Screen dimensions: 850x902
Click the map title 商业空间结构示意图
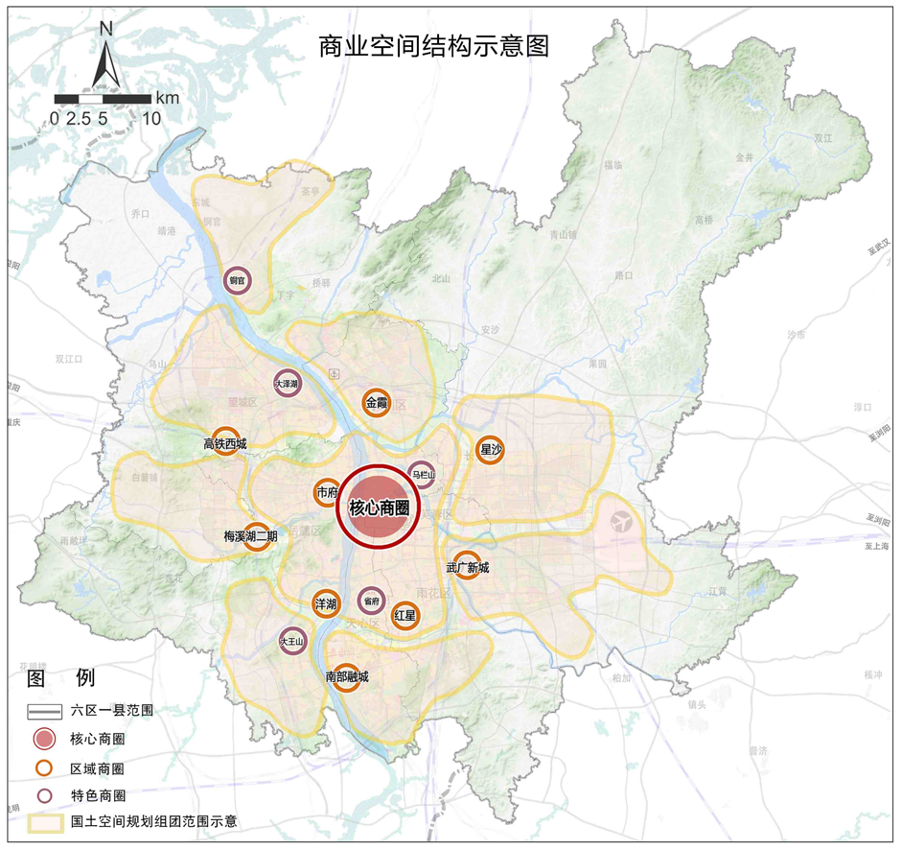click(434, 46)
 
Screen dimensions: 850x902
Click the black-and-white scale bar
click(103, 98)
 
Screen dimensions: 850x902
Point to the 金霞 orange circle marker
click(375, 404)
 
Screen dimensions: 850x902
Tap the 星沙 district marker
click(491, 449)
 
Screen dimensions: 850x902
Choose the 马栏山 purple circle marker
click(422, 474)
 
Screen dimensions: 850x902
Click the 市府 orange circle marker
click(327, 493)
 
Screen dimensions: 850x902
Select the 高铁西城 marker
click(225, 442)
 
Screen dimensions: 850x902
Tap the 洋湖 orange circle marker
click(326, 603)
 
